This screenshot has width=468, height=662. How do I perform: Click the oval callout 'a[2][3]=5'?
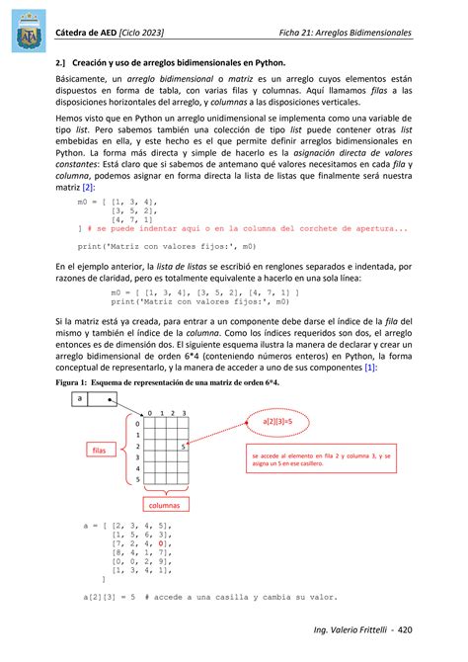click(285, 421)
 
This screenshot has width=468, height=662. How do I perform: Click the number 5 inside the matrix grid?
click(185, 448)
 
